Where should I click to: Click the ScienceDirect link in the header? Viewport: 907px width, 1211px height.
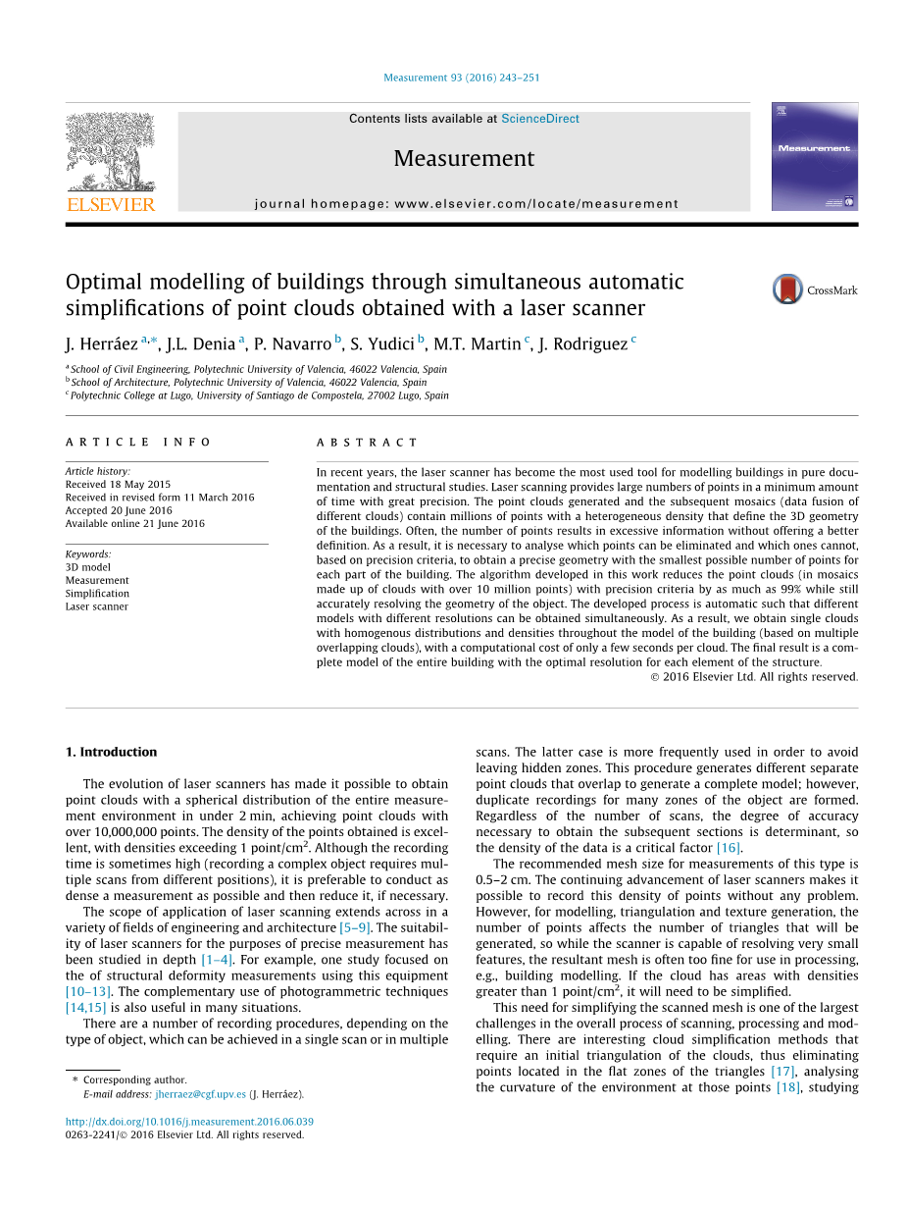pyautogui.click(x=539, y=119)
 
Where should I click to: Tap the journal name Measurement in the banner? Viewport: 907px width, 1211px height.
pyautogui.click(x=464, y=158)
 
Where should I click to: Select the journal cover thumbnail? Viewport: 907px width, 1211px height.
pyautogui.click(x=814, y=156)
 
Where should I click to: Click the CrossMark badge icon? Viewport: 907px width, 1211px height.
pyautogui.click(x=787, y=290)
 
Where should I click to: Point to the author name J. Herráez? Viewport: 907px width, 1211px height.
pyautogui.click(x=102, y=343)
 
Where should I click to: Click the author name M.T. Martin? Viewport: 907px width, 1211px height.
pyautogui.click(x=477, y=343)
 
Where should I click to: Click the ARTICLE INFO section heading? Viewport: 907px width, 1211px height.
pyautogui.click(x=138, y=443)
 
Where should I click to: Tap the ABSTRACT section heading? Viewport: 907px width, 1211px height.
pyautogui.click(x=367, y=443)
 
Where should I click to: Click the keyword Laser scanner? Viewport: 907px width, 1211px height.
pyautogui.click(x=96, y=606)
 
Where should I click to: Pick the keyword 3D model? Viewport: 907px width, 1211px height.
pyautogui.click(x=88, y=567)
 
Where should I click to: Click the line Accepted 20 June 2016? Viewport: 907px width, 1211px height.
pyautogui.click(x=119, y=510)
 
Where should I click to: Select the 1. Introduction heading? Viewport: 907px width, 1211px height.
pyautogui.click(x=111, y=752)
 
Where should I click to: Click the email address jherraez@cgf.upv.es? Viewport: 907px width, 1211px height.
pyautogui.click(x=200, y=1094)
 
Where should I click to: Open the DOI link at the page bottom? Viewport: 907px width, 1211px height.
pyautogui.click(x=189, y=1122)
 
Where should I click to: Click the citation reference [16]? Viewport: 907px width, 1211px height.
pyautogui.click(x=729, y=848)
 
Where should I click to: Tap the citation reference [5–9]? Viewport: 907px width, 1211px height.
pyautogui.click(x=354, y=927)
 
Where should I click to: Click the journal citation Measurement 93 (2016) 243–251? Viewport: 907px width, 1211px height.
pyautogui.click(x=461, y=78)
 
